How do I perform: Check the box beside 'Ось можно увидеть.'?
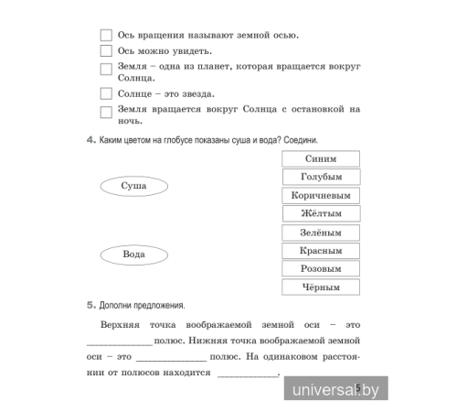click(x=105, y=51)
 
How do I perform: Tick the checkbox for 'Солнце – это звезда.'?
click(x=105, y=94)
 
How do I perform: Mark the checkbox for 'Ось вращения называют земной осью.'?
click(x=105, y=36)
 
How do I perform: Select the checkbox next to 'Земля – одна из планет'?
click(x=105, y=69)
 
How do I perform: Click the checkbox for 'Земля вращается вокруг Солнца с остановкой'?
click(x=105, y=111)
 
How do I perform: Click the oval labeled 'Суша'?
click(x=133, y=186)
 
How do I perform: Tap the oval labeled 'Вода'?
click(x=133, y=254)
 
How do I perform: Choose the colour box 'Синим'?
click(x=320, y=158)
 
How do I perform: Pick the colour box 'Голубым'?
click(x=320, y=177)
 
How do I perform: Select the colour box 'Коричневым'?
click(x=320, y=195)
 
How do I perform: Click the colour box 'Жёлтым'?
click(x=320, y=213)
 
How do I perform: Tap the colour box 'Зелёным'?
click(x=320, y=233)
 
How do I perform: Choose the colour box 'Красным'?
click(x=320, y=250)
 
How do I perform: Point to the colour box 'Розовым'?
click(x=320, y=269)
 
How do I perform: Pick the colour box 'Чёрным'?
click(x=320, y=287)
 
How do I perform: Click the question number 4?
click(x=90, y=139)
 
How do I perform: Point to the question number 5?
click(x=90, y=305)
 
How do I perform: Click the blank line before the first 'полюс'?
click(x=124, y=342)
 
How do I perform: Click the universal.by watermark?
click(x=336, y=391)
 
